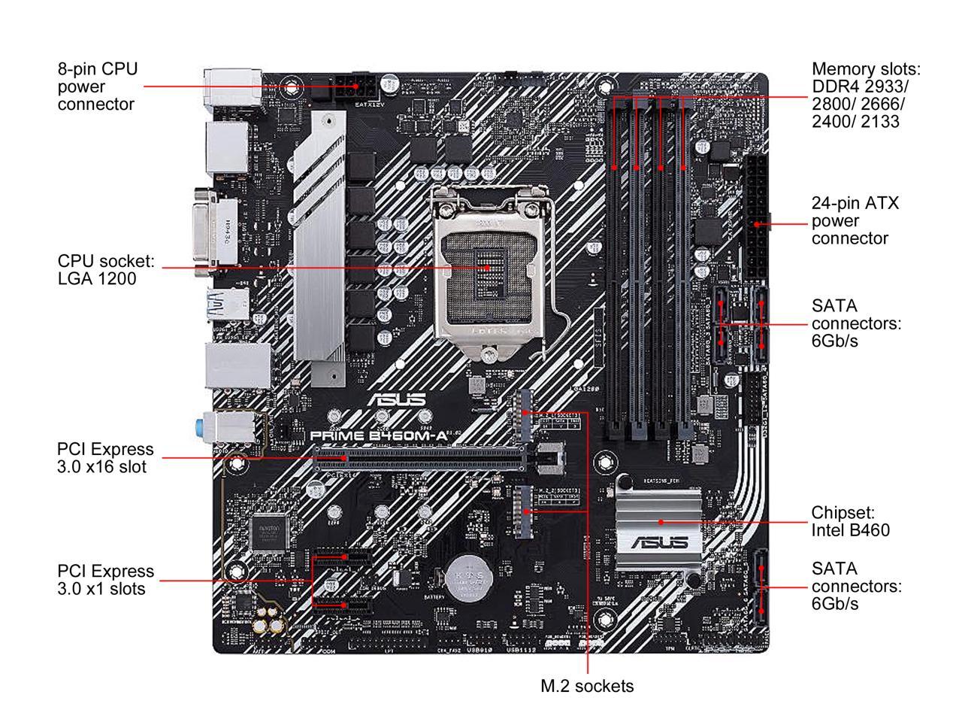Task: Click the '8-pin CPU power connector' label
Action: [x=98, y=86]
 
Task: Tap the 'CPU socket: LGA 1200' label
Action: [x=106, y=270]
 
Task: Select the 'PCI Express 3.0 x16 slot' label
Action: [x=105, y=457]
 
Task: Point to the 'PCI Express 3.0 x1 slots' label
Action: [x=105, y=579]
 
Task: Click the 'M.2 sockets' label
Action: [x=587, y=686]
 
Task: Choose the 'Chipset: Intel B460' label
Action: [x=850, y=521]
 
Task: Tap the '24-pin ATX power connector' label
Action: [x=855, y=221]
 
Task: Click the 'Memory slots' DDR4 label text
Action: [x=865, y=95]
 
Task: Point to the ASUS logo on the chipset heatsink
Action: [x=660, y=542]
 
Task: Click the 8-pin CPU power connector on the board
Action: [x=352, y=87]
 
